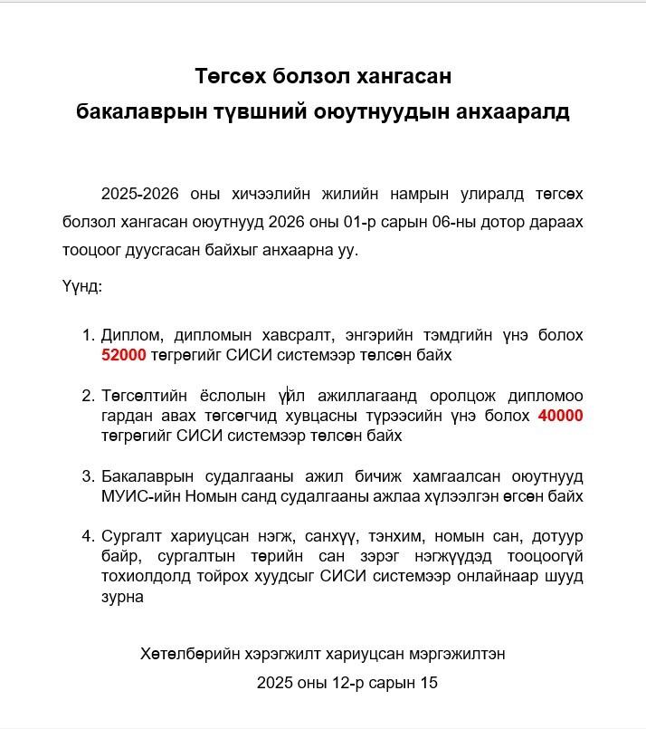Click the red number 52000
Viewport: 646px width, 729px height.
pyautogui.click(x=124, y=355)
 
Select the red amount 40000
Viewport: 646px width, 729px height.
pyautogui.click(x=560, y=416)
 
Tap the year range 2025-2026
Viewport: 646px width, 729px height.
pyautogui.click(x=140, y=195)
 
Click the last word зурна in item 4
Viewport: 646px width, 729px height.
pyautogui.click(x=122, y=597)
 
